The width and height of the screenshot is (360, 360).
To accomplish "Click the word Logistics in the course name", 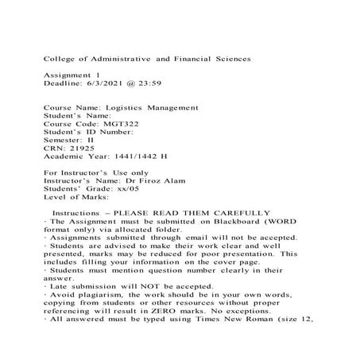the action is point(125,107).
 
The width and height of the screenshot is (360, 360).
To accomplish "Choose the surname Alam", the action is point(176,180).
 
